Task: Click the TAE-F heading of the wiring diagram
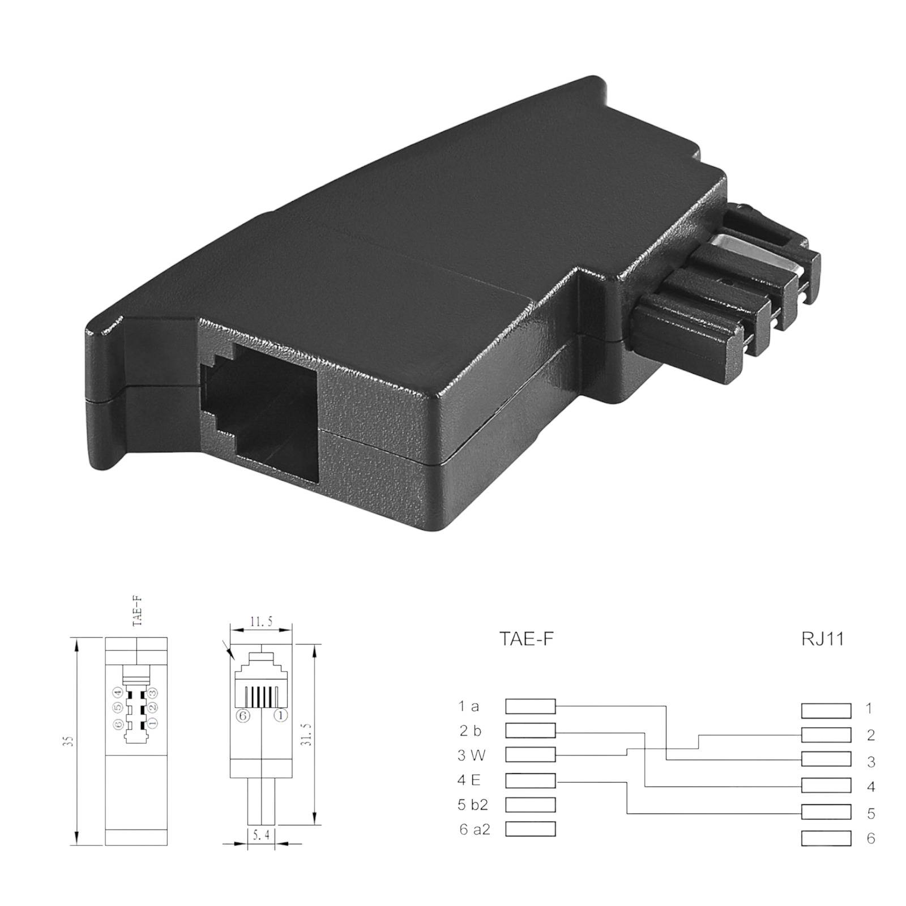pos(525,639)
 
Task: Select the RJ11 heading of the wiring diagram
pos(822,639)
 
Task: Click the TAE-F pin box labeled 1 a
pos(530,706)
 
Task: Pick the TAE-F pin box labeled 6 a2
pos(530,829)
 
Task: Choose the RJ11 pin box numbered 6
pos(826,839)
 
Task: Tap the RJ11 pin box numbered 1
pos(826,710)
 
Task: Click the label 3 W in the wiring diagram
pos(471,755)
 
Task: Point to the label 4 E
pos(469,780)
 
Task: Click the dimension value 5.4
pos(261,835)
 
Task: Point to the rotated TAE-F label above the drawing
pos(136,611)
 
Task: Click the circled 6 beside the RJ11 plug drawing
pos(243,716)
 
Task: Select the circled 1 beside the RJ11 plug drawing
pos(280,716)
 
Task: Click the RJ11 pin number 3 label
pos(871,762)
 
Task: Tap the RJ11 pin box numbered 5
pos(826,812)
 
